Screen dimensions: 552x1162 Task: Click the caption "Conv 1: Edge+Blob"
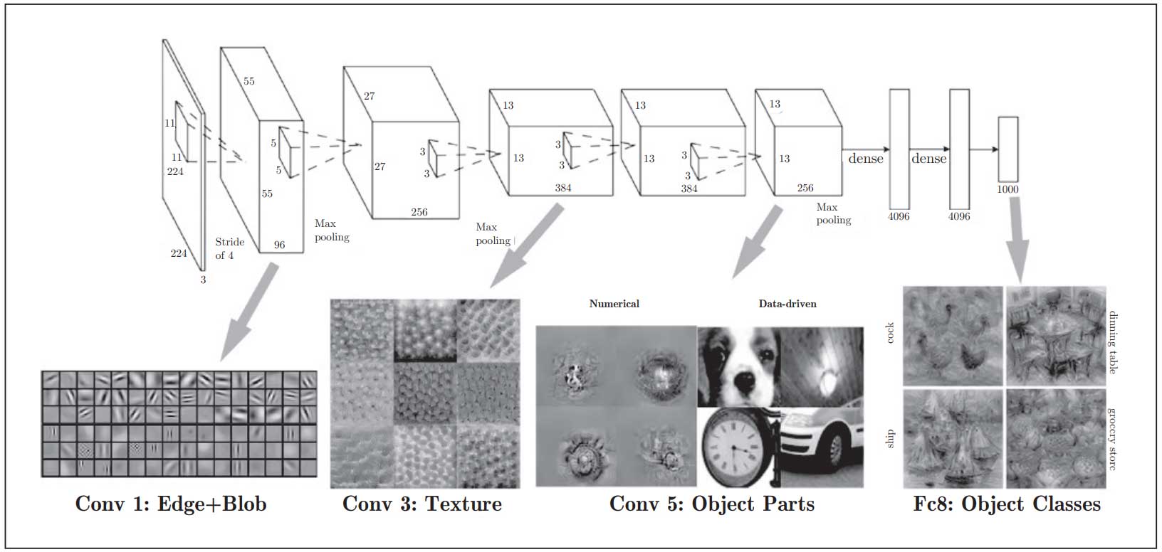point(171,504)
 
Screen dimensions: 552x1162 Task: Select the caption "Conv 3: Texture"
point(422,504)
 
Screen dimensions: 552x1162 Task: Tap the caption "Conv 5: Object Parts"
point(711,504)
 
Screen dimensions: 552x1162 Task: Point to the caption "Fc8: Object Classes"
point(1007,504)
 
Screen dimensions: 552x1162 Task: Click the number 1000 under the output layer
point(1007,190)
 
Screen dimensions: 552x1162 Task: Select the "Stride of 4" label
point(229,248)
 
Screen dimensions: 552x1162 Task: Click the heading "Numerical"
point(614,304)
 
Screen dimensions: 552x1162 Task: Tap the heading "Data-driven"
point(787,304)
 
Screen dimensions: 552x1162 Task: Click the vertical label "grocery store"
point(1113,439)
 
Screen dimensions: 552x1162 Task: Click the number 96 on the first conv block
point(279,245)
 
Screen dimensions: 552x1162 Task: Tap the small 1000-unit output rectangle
point(1007,149)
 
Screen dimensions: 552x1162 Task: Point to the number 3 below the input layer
point(203,280)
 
